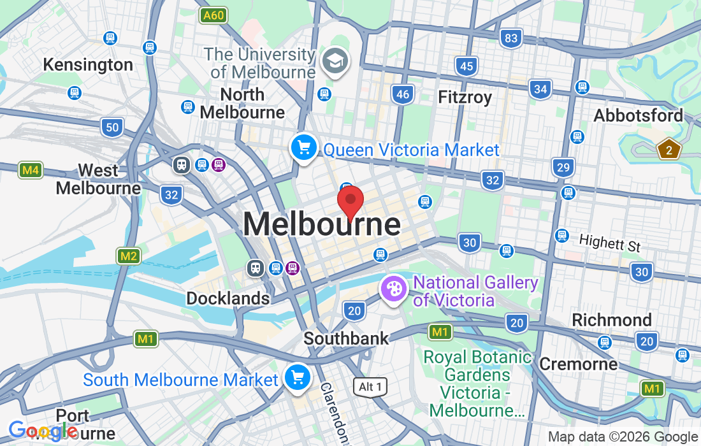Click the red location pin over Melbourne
point(350,202)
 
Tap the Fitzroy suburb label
point(465,97)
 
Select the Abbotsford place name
point(638,115)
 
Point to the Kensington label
point(88,64)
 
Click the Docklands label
point(228,298)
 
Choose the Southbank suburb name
point(346,338)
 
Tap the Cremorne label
point(578,364)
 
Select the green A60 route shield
point(213,15)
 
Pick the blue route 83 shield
point(511,38)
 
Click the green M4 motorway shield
point(31,170)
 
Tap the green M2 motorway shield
point(129,256)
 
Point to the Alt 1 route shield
point(370,387)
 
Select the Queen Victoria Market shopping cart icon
point(304,148)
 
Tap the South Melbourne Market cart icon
point(297,377)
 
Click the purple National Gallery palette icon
point(394,289)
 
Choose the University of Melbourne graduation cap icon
point(335,61)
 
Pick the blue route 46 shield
point(403,94)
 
